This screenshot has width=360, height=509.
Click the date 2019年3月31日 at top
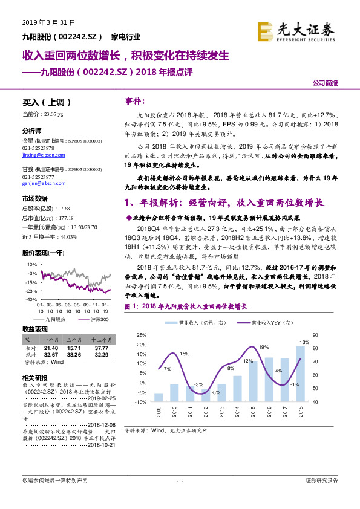point(44,23)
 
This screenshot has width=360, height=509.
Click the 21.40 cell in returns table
point(50,348)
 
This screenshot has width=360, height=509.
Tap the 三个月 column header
point(74,341)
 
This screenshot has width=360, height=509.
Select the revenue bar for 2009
point(159,397)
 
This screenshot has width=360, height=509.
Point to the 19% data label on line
point(264,348)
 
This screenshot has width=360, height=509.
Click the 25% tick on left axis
point(141,335)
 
